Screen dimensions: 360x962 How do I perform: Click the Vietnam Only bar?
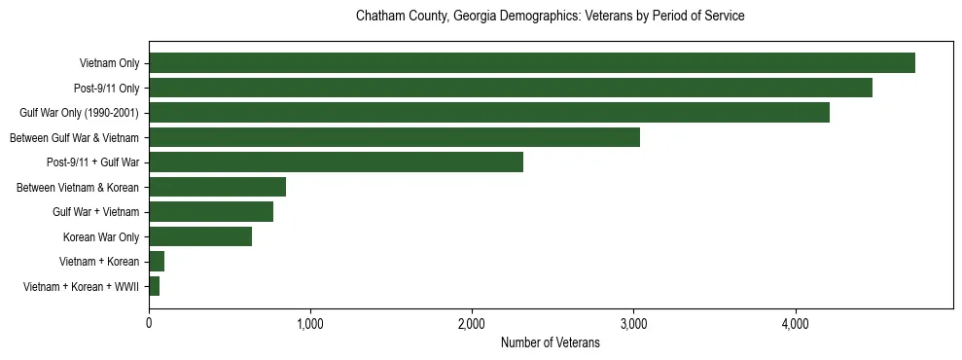pyautogui.click(x=531, y=63)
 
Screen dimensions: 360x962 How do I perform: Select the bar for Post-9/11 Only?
pyautogui.click(x=510, y=88)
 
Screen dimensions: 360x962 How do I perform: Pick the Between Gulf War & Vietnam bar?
pyautogui.click(x=394, y=137)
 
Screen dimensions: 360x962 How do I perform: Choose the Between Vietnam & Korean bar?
pyautogui.click(x=217, y=187)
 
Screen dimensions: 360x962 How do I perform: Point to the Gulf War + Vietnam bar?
pyautogui.click(x=210, y=212)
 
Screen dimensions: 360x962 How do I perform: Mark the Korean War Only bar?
pyautogui.click(x=199, y=236)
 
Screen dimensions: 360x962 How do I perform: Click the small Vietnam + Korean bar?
pyautogui.click(x=157, y=262)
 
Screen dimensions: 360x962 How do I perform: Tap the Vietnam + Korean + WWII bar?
pyautogui.click(x=154, y=286)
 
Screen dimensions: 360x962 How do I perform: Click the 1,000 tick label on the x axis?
pyautogui.click(x=310, y=323)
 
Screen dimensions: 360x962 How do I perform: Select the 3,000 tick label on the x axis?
pyautogui.click(x=633, y=323)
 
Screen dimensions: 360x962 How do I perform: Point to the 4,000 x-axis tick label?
pyautogui.click(x=795, y=323)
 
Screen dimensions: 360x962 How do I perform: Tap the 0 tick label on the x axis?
pyautogui.click(x=149, y=323)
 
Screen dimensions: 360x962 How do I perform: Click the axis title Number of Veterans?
pyautogui.click(x=550, y=342)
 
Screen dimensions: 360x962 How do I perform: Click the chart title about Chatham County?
pyautogui.click(x=550, y=17)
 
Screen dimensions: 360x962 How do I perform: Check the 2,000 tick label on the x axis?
pyautogui.click(x=472, y=323)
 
